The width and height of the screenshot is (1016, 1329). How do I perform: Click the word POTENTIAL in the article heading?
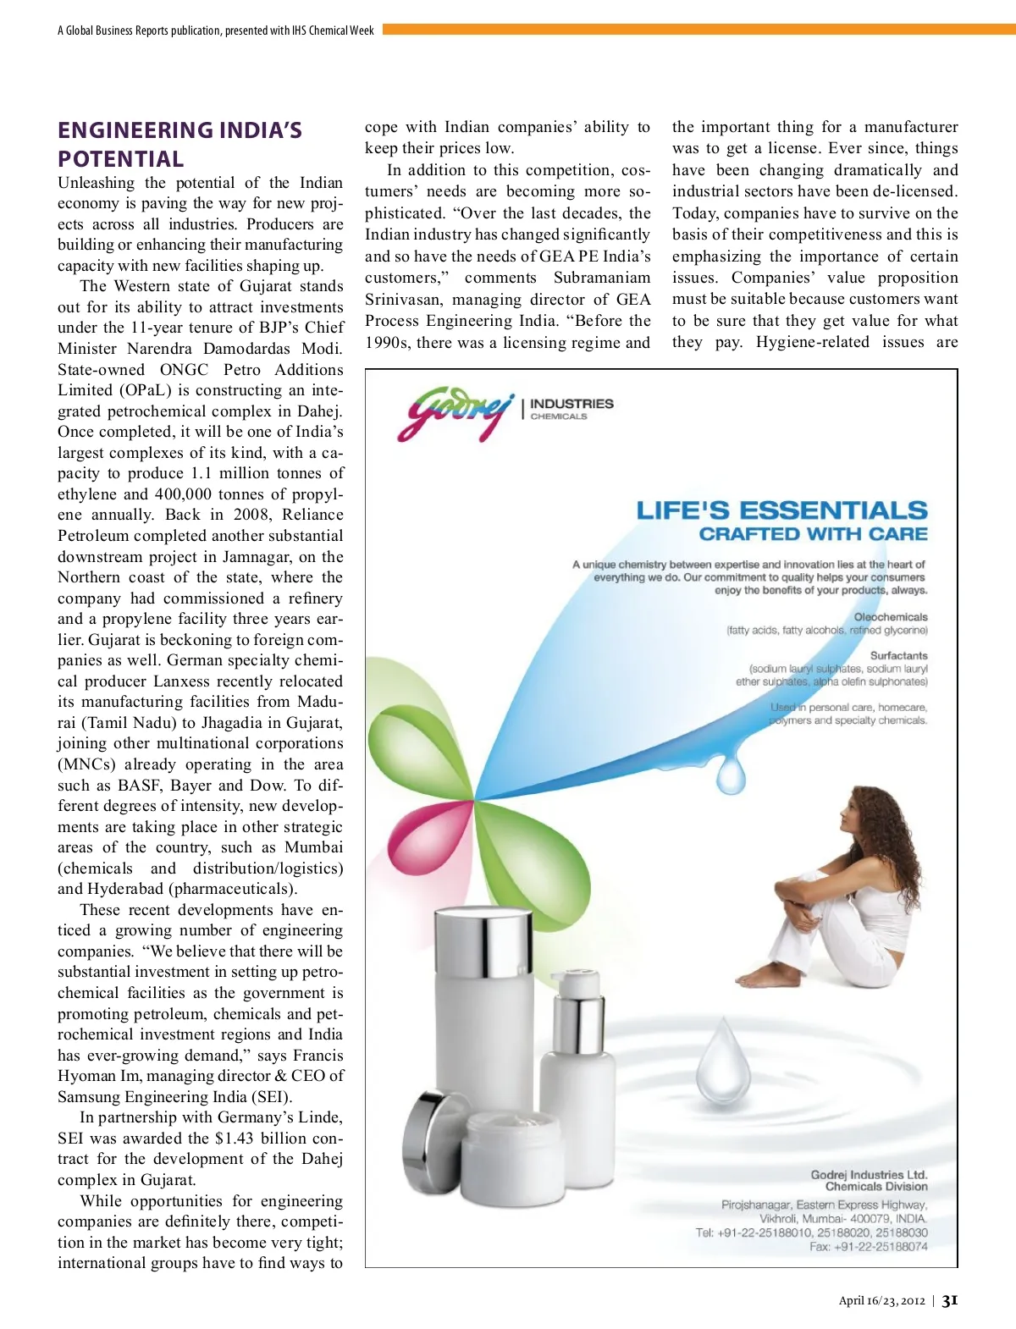click(120, 159)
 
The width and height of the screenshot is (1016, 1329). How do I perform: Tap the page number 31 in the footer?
click(950, 1300)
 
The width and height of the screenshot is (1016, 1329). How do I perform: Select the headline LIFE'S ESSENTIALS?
click(781, 510)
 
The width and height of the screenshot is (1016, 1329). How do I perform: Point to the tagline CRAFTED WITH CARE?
click(813, 534)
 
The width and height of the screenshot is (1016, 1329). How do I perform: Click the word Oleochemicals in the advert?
click(890, 617)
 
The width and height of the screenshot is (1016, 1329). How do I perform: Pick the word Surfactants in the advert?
click(898, 655)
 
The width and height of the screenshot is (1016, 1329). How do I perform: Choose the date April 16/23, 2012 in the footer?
click(881, 1301)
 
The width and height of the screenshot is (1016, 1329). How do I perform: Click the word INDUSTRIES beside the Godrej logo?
click(571, 404)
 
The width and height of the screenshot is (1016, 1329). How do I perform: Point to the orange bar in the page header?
click(698, 30)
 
